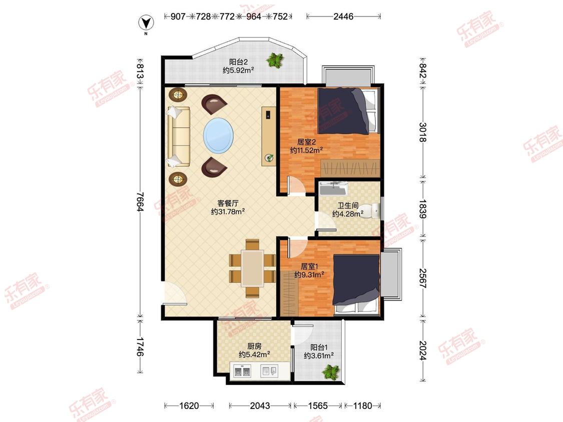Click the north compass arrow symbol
click(146, 23)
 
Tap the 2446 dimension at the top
click(343, 16)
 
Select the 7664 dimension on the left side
click(141, 202)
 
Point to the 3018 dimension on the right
click(423, 132)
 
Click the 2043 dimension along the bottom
click(260, 405)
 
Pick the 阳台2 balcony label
click(238, 61)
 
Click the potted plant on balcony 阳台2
click(275, 60)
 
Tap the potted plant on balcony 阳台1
click(331, 372)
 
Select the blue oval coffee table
click(218, 135)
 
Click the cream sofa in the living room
click(179, 136)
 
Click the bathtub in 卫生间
click(334, 188)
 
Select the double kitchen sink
click(242, 371)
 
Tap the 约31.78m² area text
click(228, 211)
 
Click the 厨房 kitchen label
click(254, 346)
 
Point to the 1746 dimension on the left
click(141, 346)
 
